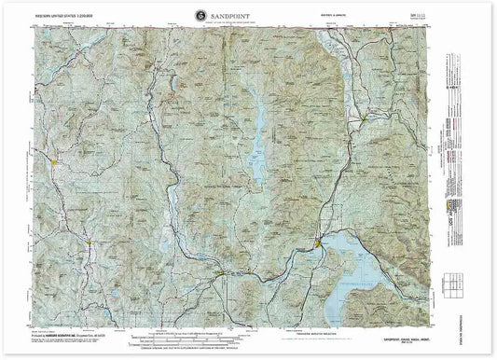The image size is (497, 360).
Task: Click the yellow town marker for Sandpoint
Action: [320, 244]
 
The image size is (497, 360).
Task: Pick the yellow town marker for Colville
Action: [56, 164]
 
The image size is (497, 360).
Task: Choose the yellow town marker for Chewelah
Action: [90, 244]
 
